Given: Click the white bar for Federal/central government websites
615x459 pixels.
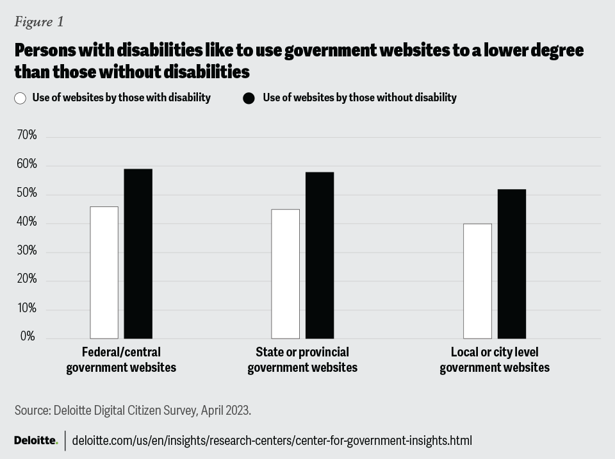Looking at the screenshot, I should tap(104, 272).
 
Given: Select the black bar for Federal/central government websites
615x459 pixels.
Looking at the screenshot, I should tap(138, 254).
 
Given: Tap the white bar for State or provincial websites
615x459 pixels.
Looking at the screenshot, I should tap(285, 274).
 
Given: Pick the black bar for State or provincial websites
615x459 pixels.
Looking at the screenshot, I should tap(319, 255).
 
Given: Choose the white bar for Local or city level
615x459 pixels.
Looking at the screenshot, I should tap(477, 281).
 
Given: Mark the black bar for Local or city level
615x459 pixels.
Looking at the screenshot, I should tap(511, 264).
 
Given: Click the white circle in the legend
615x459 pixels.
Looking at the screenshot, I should tap(20, 98).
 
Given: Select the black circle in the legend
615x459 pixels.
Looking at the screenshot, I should tap(249, 98).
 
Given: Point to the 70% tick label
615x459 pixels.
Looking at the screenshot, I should tap(26, 136).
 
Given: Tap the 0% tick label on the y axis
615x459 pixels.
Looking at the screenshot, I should tap(28, 337).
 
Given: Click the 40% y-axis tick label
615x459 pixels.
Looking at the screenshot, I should tap(26, 222).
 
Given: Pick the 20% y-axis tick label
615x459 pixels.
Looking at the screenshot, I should tap(26, 280).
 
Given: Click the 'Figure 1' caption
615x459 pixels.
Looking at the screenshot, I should tap(39, 22).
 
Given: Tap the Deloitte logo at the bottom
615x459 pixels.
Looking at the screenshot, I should tap(36, 440).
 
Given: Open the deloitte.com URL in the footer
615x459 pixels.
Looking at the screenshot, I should tap(272, 441).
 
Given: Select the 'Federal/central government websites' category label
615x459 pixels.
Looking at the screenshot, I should tap(121, 360).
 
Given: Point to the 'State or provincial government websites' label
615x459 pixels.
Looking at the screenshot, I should tap(302, 360).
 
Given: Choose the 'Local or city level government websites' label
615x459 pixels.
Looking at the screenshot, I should tap(495, 360).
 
